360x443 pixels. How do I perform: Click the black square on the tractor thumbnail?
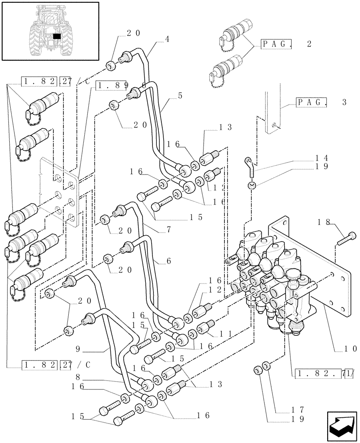tap(56, 36)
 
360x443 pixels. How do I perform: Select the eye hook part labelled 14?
tap(250, 167)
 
